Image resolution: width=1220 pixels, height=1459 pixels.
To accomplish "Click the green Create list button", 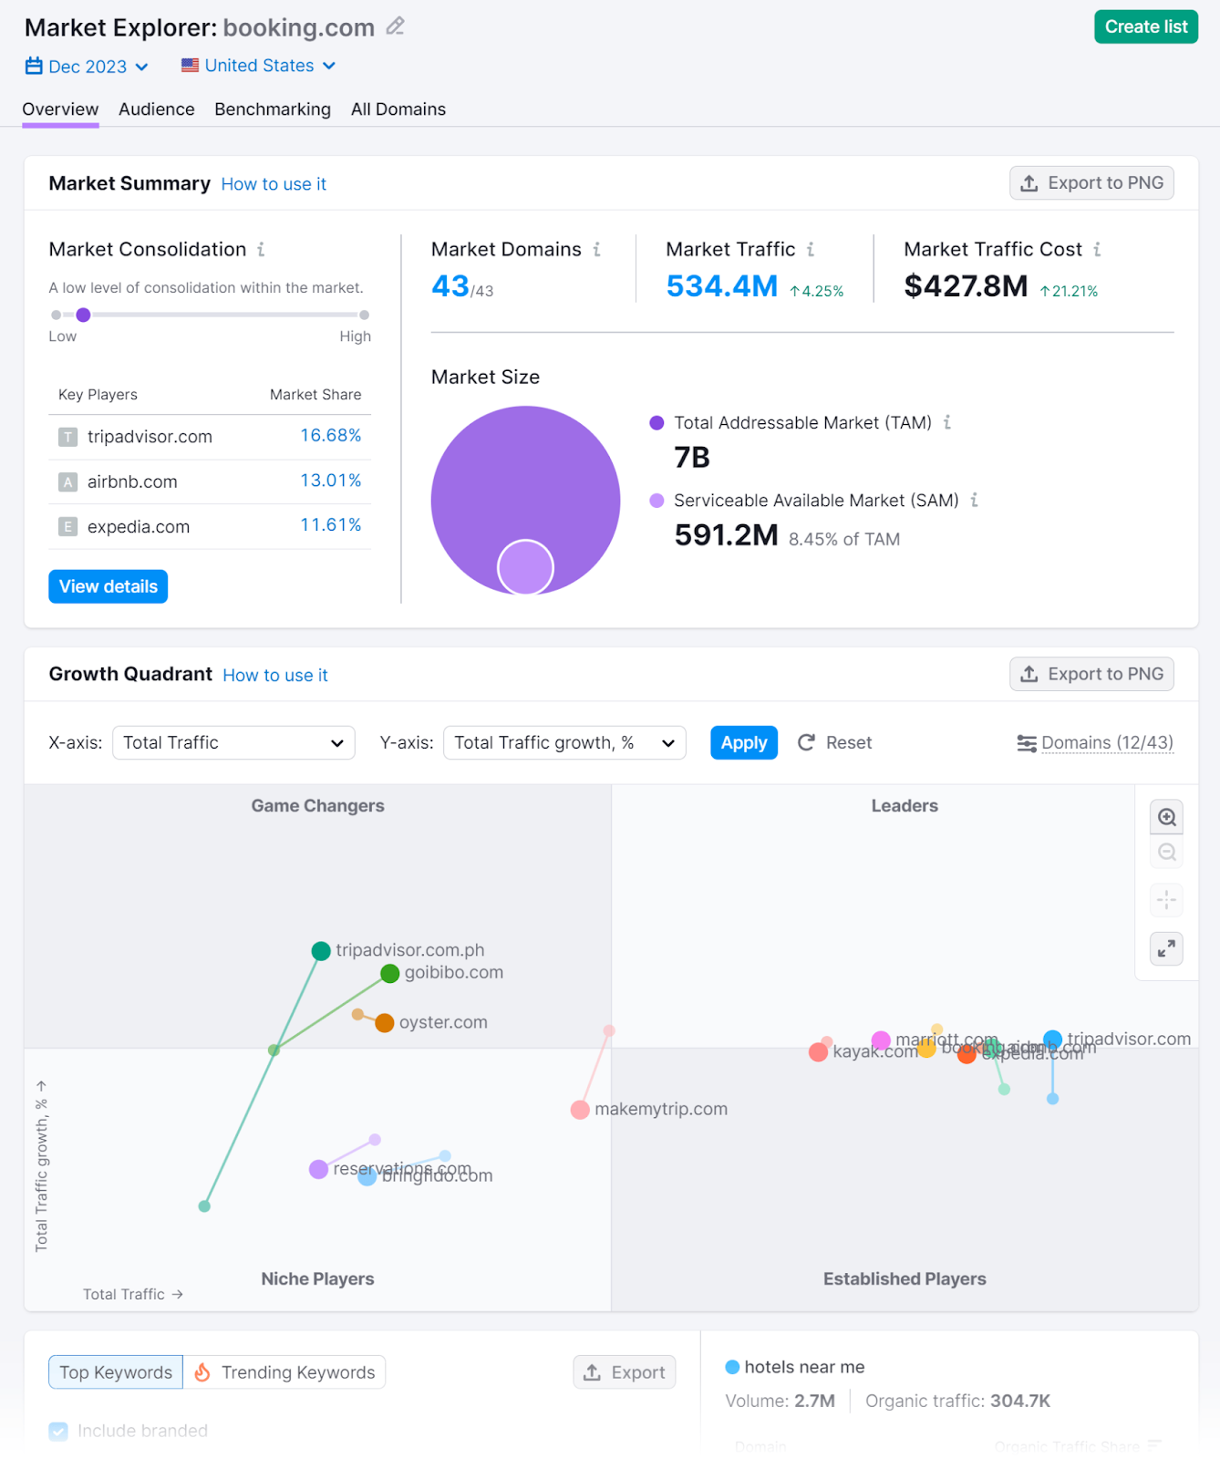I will (x=1145, y=26).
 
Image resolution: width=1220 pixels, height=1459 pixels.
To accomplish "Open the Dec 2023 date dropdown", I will (x=87, y=67).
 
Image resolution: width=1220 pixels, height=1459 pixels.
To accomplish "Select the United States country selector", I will (x=258, y=66).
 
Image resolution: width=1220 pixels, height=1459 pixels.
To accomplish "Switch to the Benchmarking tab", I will (x=272, y=109).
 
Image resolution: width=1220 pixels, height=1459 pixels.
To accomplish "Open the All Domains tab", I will (x=398, y=109).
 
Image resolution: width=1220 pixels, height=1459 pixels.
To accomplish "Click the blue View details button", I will (x=108, y=586).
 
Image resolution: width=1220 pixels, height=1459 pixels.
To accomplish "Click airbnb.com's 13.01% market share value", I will (x=330, y=481).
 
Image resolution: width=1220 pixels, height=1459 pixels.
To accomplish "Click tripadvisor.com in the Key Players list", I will (x=150, y=437).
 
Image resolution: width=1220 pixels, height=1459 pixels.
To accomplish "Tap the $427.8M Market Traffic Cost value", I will (x=965, y=286).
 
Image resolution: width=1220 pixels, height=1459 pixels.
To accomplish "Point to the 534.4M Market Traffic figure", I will (x=721, y=286).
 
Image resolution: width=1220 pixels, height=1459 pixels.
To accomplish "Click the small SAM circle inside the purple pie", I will (x=525, y=566).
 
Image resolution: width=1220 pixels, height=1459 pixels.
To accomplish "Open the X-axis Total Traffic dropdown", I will (x=233, y=742).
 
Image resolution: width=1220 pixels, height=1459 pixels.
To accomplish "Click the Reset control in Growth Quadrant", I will (x=835, y=742).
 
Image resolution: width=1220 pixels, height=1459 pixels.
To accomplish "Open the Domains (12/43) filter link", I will (x=1106, y=742).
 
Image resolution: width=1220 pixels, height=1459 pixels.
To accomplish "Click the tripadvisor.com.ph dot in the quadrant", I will (x=321, y=951).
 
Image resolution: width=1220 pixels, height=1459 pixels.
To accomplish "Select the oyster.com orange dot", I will (x=385, y=1023).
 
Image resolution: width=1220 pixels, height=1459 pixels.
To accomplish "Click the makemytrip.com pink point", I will (x=580, y=1110).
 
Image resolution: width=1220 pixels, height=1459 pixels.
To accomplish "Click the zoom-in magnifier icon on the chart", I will (x=1166, y=817).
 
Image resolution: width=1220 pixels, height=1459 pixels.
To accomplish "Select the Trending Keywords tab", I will (x=285, y=1372).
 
